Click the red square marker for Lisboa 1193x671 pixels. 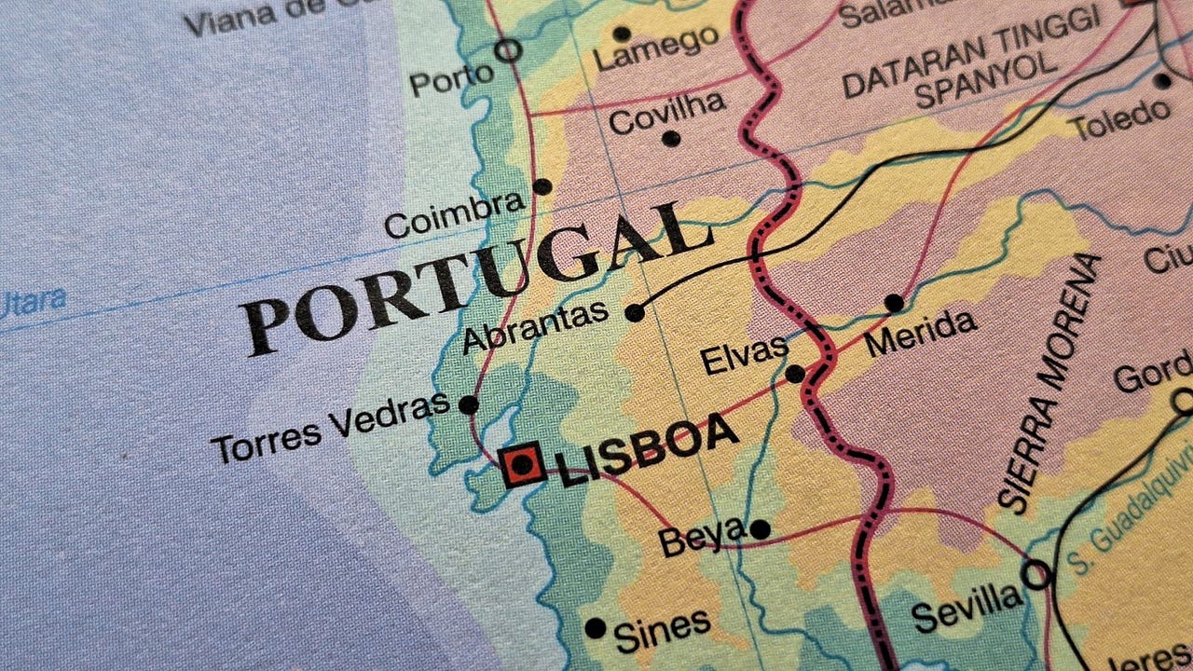tap(522, 464)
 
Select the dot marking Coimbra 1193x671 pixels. tap(542, 186)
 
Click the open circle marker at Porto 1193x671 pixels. tap(508, 50)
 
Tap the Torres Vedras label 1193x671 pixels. tap(332, 429)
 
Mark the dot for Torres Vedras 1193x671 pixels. tap(469, 404)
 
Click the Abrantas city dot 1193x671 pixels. tap(635, 312)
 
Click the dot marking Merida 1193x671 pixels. tap(894, 303)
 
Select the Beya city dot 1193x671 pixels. tap(760, 529)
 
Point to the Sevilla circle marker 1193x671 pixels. tap(1035, 574)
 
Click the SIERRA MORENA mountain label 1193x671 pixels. tap(1049, 382)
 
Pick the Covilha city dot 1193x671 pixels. tap(670, 139)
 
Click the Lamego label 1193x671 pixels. tap(657, 48)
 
